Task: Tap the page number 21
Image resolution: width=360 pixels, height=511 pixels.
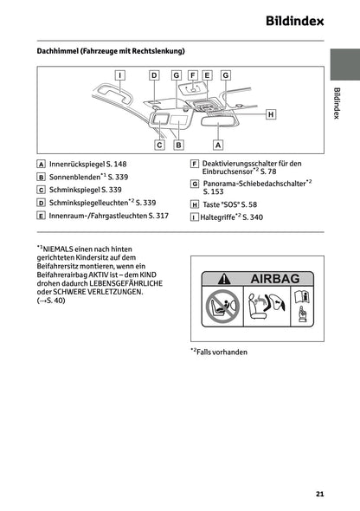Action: point(319,495)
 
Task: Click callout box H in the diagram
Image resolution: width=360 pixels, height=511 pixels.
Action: point(270,113)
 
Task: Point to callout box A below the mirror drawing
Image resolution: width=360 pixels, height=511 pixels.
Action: point(218,146)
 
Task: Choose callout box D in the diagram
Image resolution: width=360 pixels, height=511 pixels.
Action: point(154,75)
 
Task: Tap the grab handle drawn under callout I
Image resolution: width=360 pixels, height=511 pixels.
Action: point(116,94)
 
